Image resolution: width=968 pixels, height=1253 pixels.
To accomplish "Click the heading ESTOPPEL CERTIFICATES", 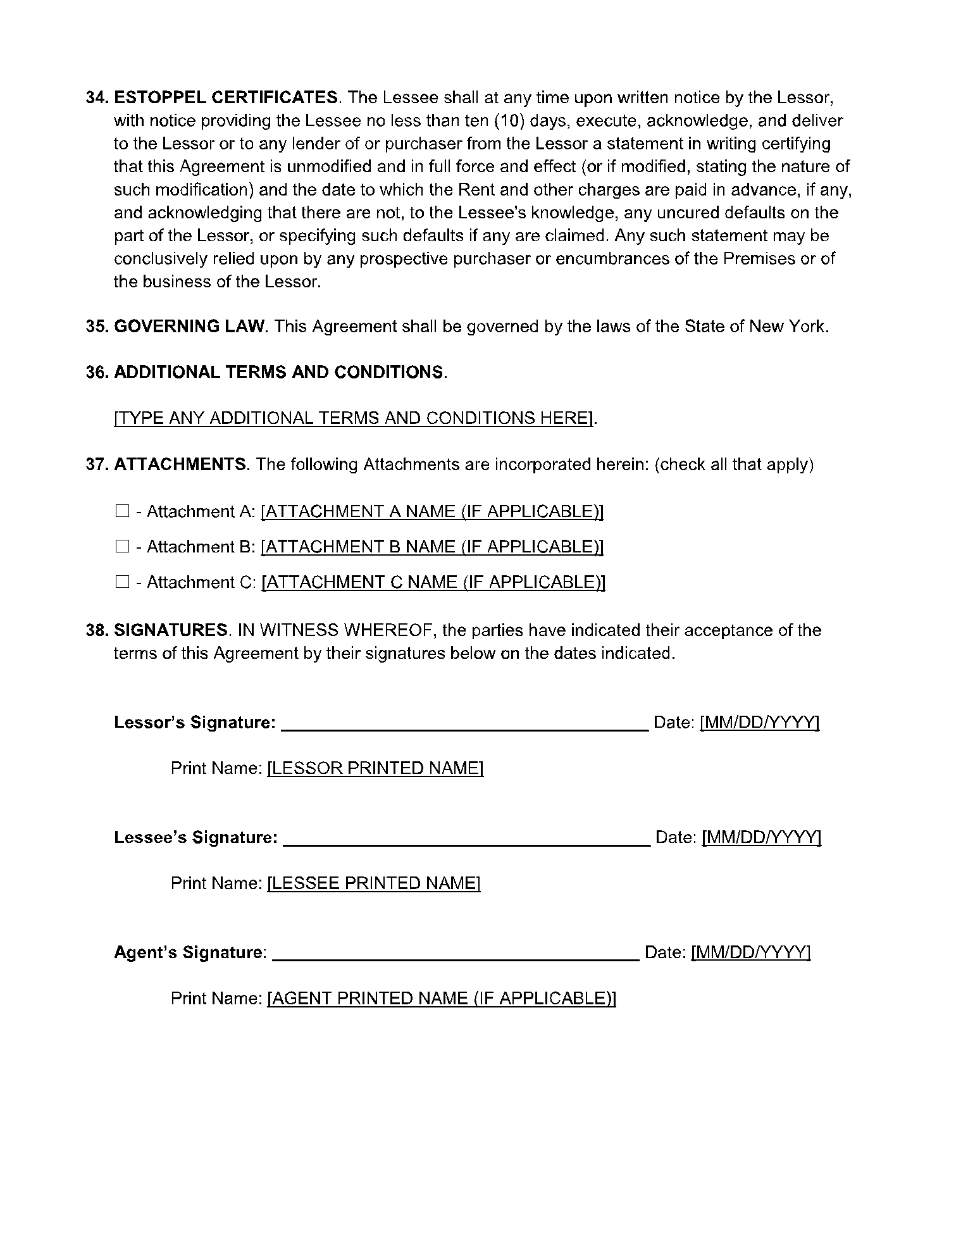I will point(226,97).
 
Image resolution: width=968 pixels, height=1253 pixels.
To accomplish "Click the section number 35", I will point(97,327).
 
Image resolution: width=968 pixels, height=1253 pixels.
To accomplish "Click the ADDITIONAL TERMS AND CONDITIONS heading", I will point(278,372).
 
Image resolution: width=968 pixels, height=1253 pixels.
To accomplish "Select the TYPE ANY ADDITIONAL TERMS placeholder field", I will point(354,418).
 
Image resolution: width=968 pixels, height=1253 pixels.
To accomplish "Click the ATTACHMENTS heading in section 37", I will point(180,464).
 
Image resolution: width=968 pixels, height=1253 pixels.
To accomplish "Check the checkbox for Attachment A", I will point(122,511).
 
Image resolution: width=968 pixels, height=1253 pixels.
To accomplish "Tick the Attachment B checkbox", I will point(122,546).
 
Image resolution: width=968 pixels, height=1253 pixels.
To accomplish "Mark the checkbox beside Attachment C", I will point(122,582).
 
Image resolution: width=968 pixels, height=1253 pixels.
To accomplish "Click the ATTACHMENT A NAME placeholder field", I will point(432,511).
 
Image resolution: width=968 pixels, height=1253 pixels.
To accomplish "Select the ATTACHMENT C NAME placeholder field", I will point(433,582).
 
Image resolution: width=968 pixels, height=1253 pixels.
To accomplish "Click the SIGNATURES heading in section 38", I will point(171,630).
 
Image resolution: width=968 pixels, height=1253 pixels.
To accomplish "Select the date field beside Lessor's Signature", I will point(759,723).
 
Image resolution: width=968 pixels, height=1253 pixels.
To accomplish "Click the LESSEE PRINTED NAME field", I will point(374,883).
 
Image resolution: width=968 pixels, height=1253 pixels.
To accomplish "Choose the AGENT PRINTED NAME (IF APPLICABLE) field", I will point(442,999).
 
